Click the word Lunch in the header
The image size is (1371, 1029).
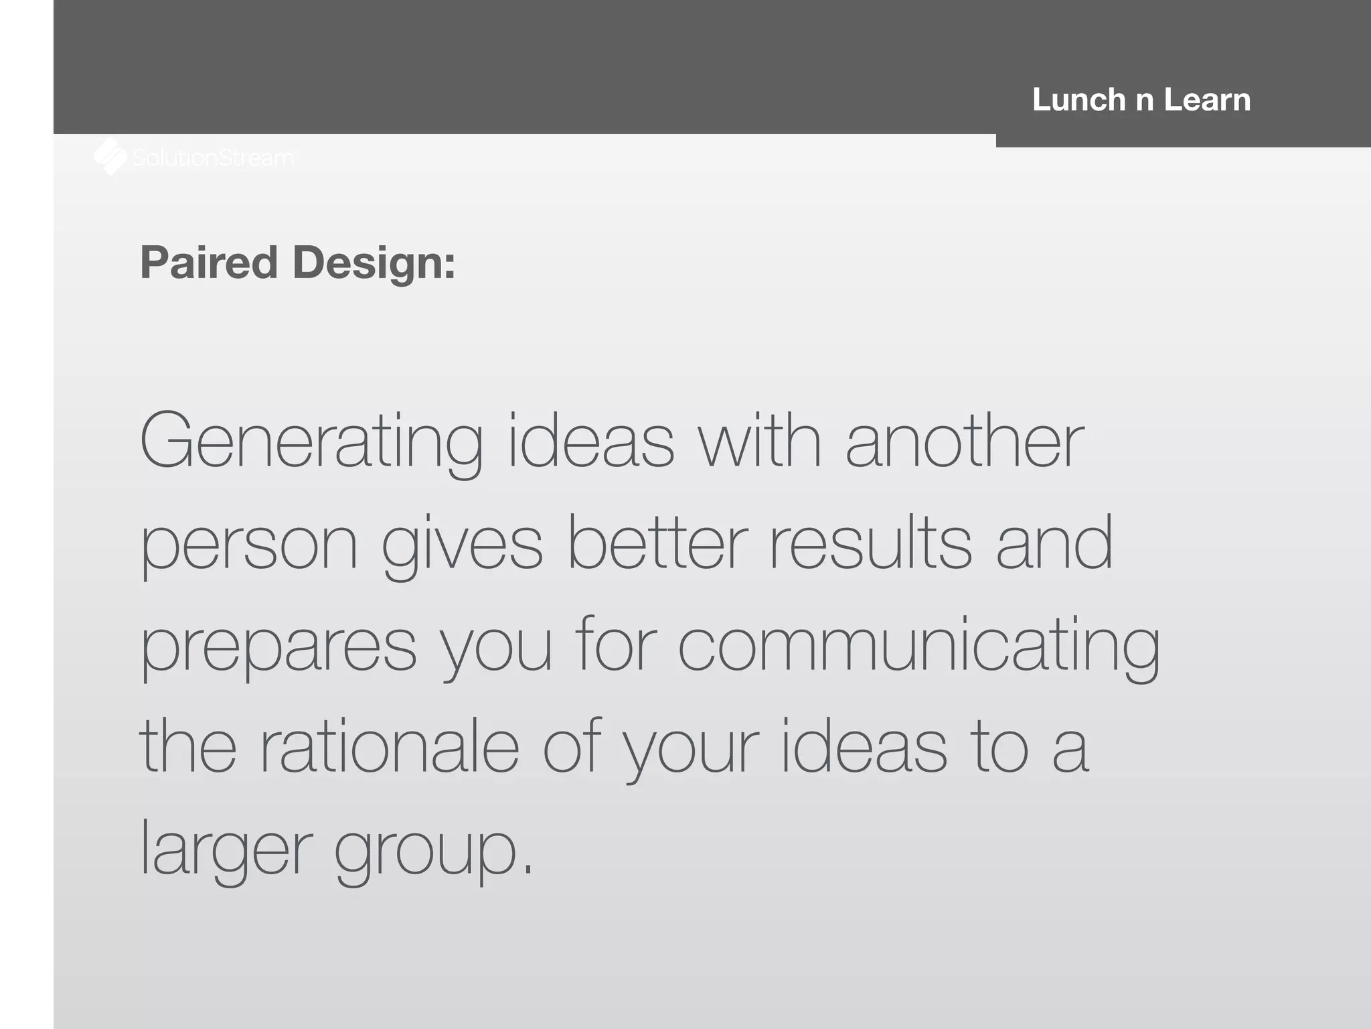click(x=1078, y=100)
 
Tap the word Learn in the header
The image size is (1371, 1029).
click(x=1207, y=100)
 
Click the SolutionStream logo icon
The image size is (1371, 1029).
click(x=110, y=157)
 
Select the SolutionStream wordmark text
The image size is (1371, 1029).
click(x=213, y=158)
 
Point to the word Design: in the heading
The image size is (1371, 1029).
click(x=374, y=263)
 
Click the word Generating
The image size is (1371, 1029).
click(x=311, y=443)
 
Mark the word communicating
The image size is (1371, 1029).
click(x=918, y=646)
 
